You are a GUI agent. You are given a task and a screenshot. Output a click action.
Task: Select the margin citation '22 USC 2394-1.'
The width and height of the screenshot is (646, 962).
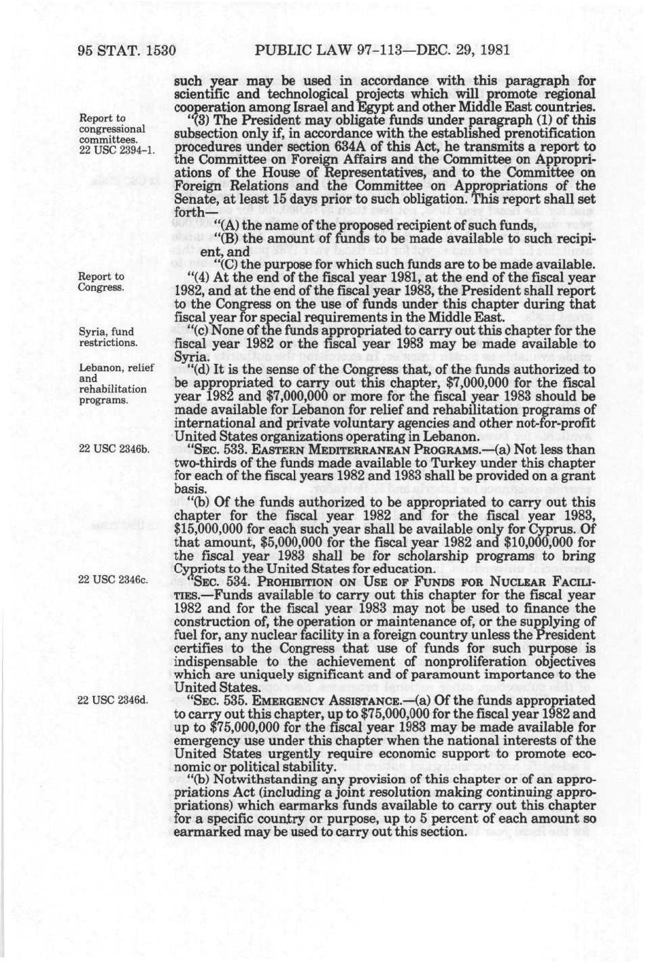pos(112,150)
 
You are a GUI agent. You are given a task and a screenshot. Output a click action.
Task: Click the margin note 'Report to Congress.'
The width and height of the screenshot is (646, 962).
pos(102,281)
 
